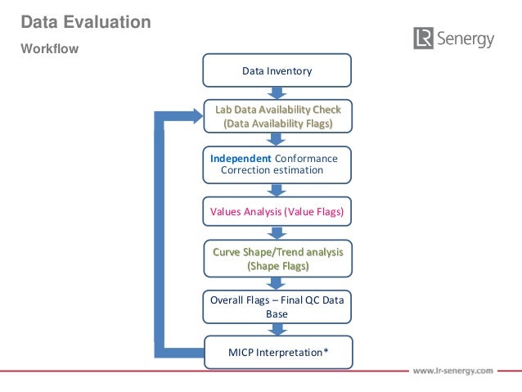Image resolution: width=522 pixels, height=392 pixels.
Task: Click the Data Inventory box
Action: pyautogui.click(x=277, y=71)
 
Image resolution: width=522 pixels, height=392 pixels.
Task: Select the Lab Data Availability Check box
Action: pyautogui.click(x=277, y=116)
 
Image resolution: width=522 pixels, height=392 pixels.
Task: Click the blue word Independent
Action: pyautogui.click(x=241, y=158)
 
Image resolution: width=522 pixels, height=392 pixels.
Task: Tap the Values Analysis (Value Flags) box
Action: pyautogui.click(x=277, y=212)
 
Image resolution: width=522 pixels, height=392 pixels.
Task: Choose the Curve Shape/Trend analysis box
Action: pyautogui.click(x=277, y=259)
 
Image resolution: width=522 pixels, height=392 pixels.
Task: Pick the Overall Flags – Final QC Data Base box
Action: pyautogui.click(x=277, y=306)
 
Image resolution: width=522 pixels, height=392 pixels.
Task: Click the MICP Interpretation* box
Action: pyautogui.click(x=277, y=353)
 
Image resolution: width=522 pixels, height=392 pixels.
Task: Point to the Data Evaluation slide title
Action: pyautogui.click(x=85, y=23)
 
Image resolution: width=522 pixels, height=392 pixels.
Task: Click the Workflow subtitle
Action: pyautogui.click(x=49, y=49)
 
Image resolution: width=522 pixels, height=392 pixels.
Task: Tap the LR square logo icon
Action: pyautogui.click(x=423, y=38)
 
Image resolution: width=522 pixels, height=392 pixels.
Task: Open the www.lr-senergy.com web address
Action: pyautogui.click(x=452, y=371)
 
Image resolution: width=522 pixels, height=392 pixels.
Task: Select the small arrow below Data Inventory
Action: pyautogui.click(x=277, y=93)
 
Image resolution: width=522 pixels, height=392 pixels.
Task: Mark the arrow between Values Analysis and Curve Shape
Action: pyautogui.click(x=277, y=234)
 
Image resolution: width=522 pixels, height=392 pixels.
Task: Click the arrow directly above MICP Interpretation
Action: pyautogui.click(x=277, y=329)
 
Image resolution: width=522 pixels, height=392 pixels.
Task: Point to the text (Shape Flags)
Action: pyautogui.click(x=277, y=266)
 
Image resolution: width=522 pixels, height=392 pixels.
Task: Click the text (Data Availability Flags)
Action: pyautogui.click(x=277, y=124)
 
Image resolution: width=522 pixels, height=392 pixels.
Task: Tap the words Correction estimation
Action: pyautogui.click(x=272, y=170)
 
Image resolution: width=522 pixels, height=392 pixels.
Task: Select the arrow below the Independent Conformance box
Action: pyautogui.click(x=277, y=188)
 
